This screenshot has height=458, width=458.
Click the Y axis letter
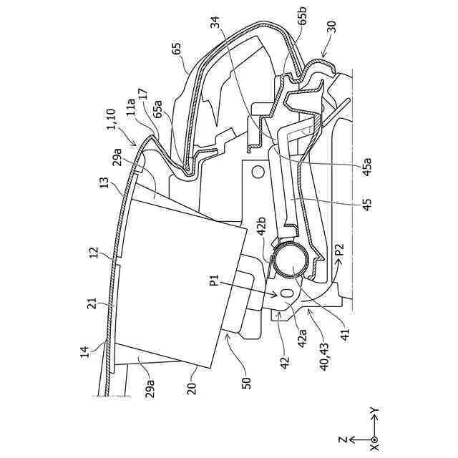point(374,411)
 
